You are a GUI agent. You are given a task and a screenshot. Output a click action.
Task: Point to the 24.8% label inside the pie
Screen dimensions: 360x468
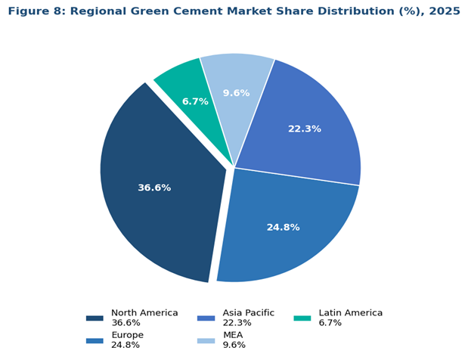pyautogui.click(x=283, y=227)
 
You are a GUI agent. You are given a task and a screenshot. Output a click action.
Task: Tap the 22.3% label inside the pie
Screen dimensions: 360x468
pyautogui.click(x=304, y=129)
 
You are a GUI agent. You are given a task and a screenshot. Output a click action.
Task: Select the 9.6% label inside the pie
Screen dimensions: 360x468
pyautogui.click(x=236, y=93)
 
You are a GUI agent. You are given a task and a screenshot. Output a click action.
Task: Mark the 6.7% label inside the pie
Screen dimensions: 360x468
pyautogui.click(x=195, y=101)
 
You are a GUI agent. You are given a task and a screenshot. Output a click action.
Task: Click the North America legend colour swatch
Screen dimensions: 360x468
pyautogui.click(x=95, y=318)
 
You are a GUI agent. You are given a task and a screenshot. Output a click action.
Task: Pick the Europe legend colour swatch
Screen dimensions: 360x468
pyautogui.click(x=95, y=340)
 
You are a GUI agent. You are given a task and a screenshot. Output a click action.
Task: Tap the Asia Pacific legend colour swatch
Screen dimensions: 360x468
pyautogui.click(x=206, y=318)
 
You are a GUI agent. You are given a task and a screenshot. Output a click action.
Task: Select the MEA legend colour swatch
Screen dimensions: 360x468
pyautogui.click(x=206, y=340)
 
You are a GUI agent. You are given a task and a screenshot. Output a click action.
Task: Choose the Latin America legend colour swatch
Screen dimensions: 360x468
pyautogui.click(x=302, y=318)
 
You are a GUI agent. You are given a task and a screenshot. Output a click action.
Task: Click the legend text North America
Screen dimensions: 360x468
pyautogui.click(x=144, y=313)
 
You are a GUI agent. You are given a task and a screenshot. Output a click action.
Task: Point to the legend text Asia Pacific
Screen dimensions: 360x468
pyautogui.click(x=248, y=313)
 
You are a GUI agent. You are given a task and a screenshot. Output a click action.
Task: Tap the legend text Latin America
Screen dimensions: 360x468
pyautogui.click(x=351, y=313)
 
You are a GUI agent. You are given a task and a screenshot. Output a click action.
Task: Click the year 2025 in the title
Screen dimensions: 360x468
pyautogui.click(x=440, y=11)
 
